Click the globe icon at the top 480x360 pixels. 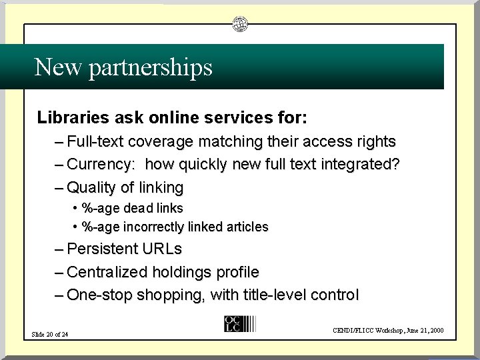pos(240,25)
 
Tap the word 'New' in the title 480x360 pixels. pos(53,67)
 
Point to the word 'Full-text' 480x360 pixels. pos(95,141)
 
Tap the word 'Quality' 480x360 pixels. pos(91,187)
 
